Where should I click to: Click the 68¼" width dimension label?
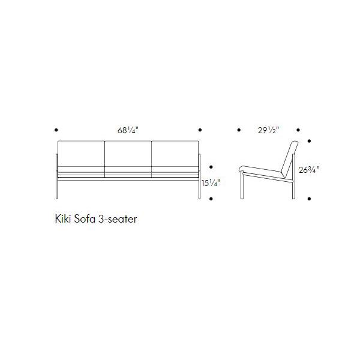127,130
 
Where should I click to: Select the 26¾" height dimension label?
308,170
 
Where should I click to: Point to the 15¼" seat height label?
211,184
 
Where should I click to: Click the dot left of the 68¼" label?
56,130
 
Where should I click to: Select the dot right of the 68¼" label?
199,130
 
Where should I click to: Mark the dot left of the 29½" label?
239,130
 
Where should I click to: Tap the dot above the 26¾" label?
309,142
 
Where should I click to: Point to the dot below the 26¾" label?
309,198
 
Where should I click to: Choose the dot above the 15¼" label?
211,167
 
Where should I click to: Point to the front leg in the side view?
242,185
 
